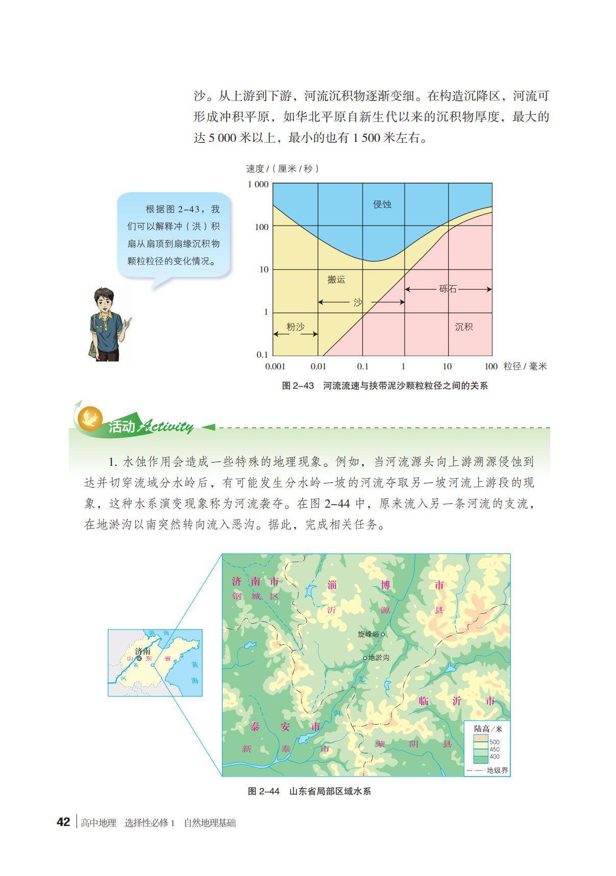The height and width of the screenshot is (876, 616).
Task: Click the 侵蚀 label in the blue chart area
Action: pyautogui.click(x=382, y=204)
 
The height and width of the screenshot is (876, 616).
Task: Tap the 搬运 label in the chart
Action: pyautogui.click(x=336, y=279)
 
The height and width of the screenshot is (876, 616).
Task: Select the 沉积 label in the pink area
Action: pyautogui.click(x=463, y=327)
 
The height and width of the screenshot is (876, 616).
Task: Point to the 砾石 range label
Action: pyautogui.click(x=448, y=289)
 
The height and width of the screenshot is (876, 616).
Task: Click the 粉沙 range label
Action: pyautogui.click(x=295, y=327)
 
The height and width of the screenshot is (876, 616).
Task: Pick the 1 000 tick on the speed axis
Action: pyautogui.click(x=258, y=184)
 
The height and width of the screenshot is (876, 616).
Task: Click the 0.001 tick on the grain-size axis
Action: pyautogui.click(x=275, y=366)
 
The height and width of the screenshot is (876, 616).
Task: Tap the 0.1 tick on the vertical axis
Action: pyautogui.click(x=262, y=355)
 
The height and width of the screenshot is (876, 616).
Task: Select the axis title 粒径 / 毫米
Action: pyautogui.click(x=525, y=366)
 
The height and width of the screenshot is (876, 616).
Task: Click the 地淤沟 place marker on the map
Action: pyautogui.click(x=365, y=658)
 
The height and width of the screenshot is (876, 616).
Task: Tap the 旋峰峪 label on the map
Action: pyautogui.click(x=368, y=634)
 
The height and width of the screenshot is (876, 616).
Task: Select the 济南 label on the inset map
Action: pyautogui.click(x=143, y=652)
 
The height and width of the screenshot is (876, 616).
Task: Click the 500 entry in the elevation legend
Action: pyautogui.click(x=494, y=742)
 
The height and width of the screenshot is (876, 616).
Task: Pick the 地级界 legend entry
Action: pyautogui.click(x=497, y=770)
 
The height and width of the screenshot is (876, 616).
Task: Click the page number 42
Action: pyautogui.click(x=63, y=822)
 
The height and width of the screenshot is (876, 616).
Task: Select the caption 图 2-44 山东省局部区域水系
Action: pyautogui.click(x=309, y=791)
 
